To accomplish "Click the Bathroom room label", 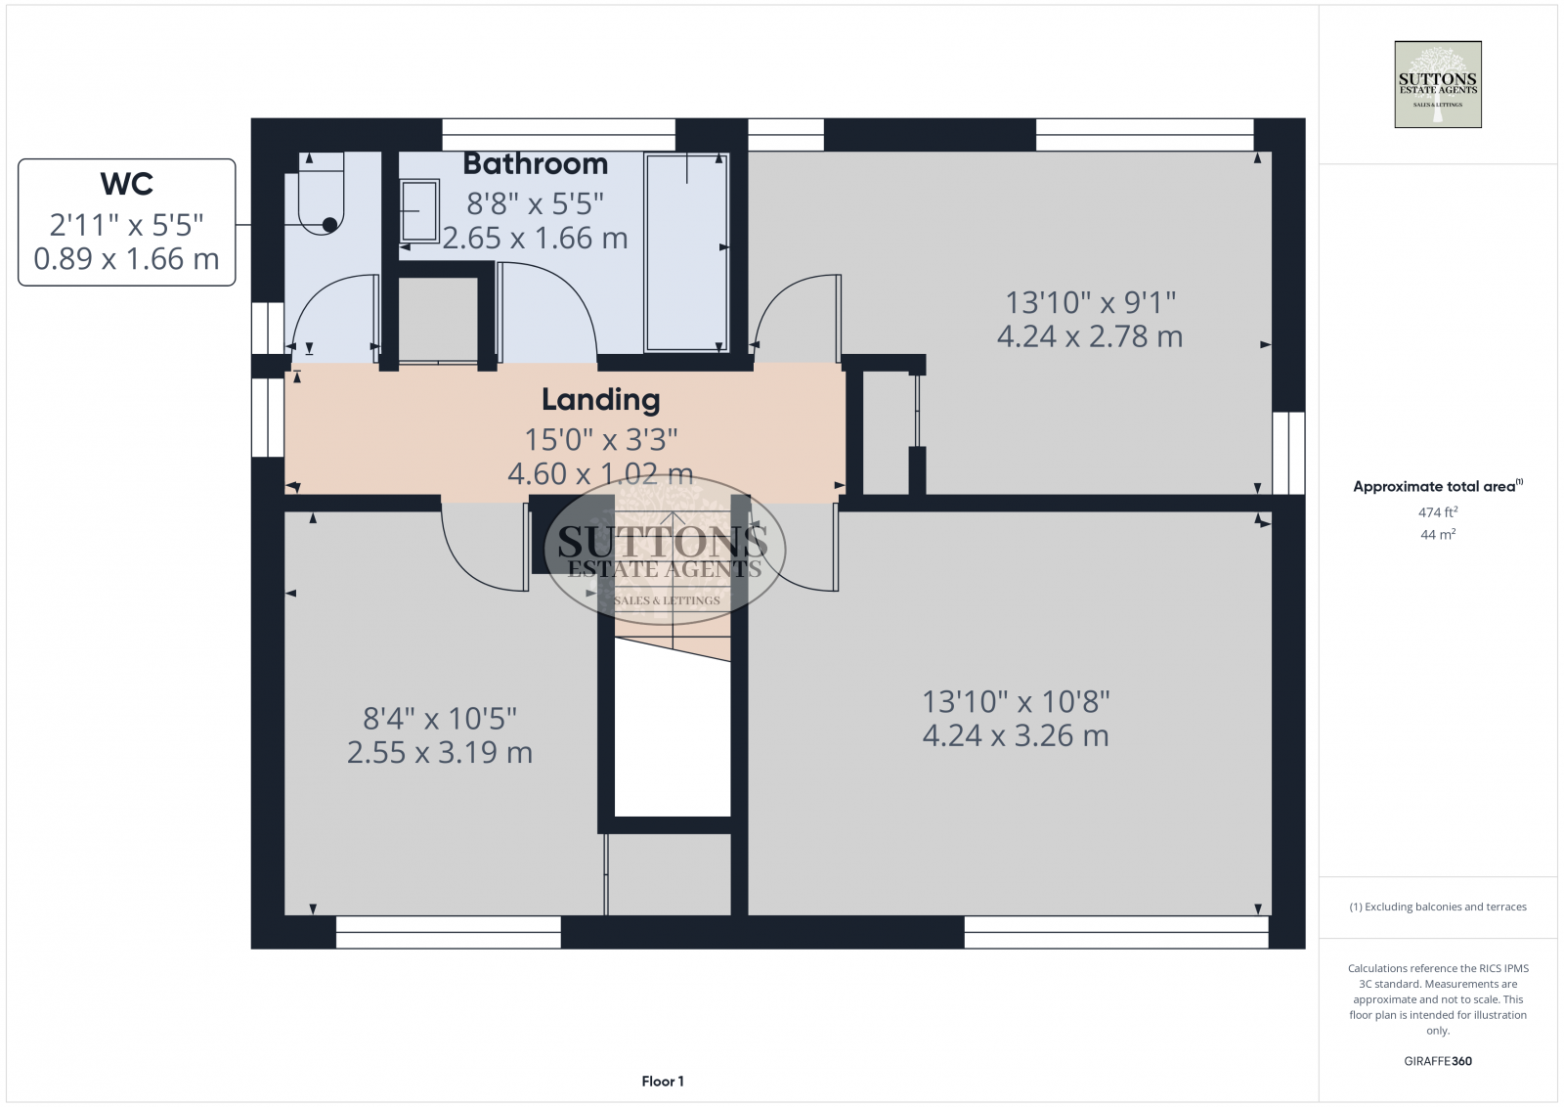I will tap(535, 164).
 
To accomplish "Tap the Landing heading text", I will tap(600, 400).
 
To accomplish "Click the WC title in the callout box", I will tap(127, 184).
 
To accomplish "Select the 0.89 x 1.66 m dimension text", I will tap(127, 259).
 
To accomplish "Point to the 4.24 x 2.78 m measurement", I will tap(1089, 336).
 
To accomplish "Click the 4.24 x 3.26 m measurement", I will tap(1016, 735).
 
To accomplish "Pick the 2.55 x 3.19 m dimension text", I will tap(440, 752).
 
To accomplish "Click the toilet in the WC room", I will tap(320, 200).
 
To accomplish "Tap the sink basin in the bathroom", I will tap(420, 210).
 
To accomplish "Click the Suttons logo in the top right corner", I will tap(1437, 84).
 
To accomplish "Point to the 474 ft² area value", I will tap(1437, 512).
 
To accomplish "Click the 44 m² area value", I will tap(1437, 535).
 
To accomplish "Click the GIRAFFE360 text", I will tap(1437, 1061).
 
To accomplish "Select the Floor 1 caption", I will tap(663, 1082).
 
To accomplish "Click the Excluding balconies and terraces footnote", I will tap(1437, 908).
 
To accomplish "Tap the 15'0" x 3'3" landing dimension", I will tap(600, 440).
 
